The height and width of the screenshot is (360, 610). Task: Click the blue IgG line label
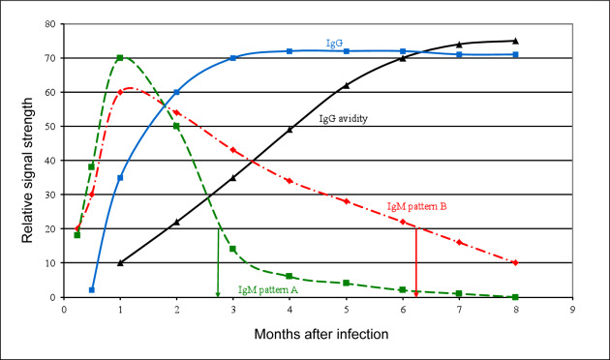(334, 44)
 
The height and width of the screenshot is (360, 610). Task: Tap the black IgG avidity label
(343, 119)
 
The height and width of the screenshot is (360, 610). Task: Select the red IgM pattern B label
(416, 206)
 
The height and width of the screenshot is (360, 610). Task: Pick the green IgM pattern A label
(268, 289)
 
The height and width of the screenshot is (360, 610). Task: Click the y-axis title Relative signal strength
(27, 170)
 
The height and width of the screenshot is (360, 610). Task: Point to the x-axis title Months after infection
(321, 334)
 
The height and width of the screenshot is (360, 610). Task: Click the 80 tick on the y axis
(50, 24)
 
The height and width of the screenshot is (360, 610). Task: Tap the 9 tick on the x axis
(572, 310)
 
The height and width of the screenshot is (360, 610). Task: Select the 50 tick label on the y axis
(50, 127)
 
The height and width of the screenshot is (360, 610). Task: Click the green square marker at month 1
(120, 58)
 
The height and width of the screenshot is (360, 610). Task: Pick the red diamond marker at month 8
(515, 263)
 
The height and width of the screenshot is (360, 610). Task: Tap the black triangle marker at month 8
(515, 41)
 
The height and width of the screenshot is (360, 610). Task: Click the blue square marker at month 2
(176, 92)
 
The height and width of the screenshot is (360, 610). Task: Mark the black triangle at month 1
(120, 263)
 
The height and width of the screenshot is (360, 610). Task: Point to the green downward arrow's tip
(218, 296)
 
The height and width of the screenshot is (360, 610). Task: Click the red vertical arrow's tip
(416, 296)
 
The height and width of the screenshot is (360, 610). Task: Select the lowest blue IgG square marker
(92, 290)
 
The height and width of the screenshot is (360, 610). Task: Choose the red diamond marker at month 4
(290, 181)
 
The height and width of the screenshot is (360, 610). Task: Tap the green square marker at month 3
(232, 249)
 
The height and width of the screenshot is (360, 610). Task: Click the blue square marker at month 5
(347, 51)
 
